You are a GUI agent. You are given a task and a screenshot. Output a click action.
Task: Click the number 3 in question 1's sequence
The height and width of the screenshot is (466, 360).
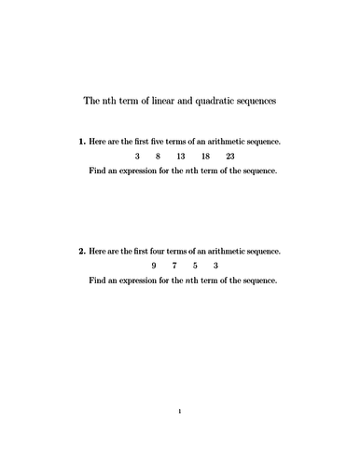point(137,157)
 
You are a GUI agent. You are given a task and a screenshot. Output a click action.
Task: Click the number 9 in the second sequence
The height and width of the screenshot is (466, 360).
point(153,266)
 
